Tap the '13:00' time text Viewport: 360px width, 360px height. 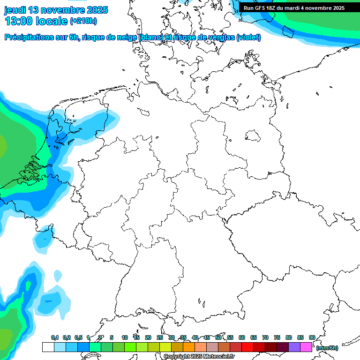(x=17, y=21)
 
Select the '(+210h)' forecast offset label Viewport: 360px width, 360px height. (x=83, y=21)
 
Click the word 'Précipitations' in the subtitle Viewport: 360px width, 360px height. (x=28, y=37)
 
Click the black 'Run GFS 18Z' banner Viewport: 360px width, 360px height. (x=294, y=8)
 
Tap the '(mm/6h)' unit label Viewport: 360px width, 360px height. (x=327, y=348)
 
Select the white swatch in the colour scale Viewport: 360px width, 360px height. (x=48, y=347)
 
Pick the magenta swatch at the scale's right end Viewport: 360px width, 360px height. (x=306, y=347)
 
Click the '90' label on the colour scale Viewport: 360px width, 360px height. (x=312, y=337)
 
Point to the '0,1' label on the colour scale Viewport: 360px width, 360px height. (x=55, y=337)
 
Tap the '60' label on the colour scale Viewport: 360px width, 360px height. (x=242, y=337)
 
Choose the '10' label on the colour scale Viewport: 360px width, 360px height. (x=125, y=337)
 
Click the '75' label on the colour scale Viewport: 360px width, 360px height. (x=277, y=337)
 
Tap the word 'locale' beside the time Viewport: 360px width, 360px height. (x=50, y=21)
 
